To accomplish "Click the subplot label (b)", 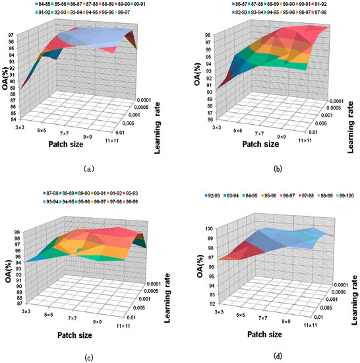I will [271, 168].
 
